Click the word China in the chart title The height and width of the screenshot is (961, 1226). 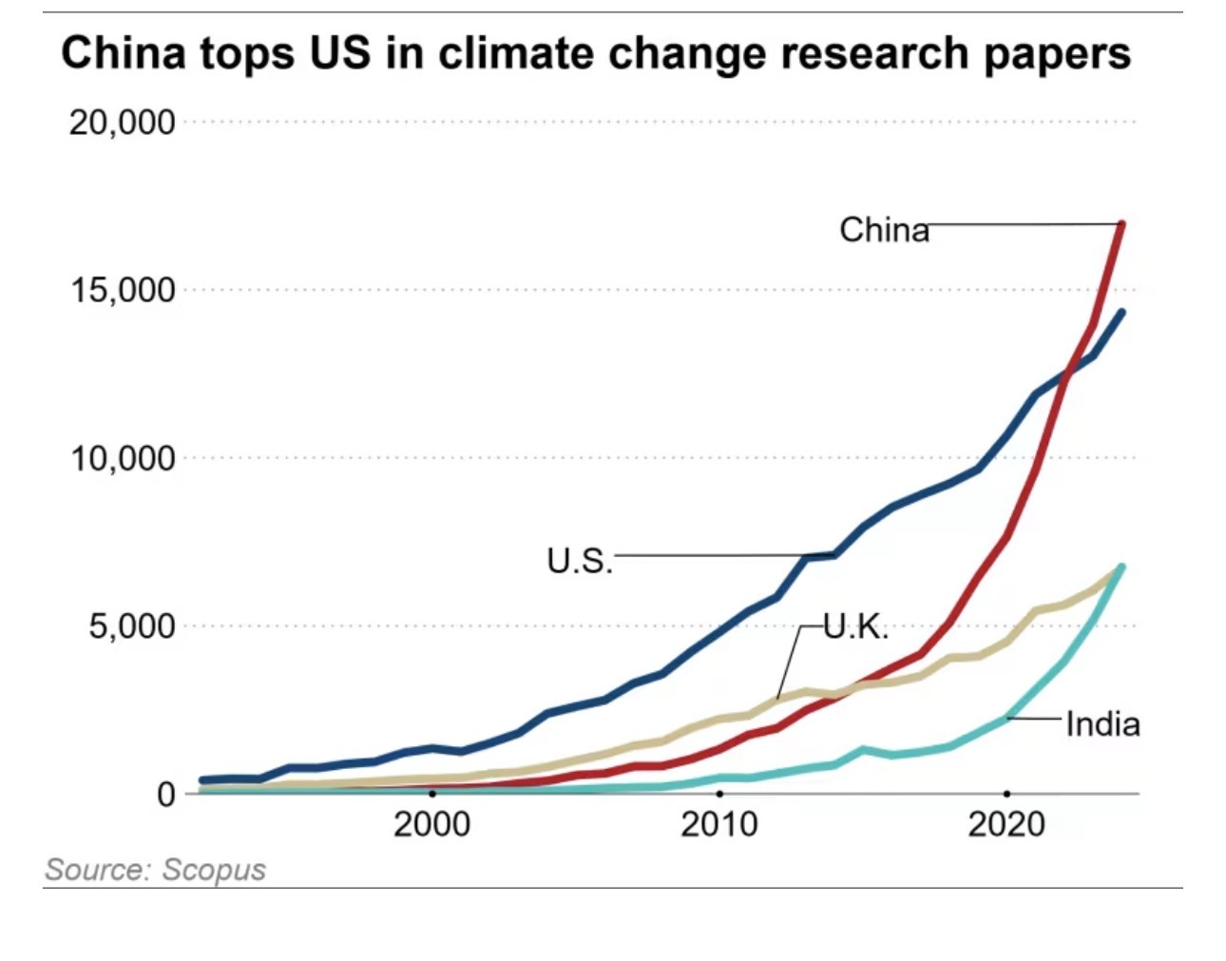click(x=124, y=53)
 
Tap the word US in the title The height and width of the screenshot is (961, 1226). click(x=338, y=53)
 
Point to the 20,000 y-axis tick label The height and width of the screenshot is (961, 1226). click(x=123, y=123)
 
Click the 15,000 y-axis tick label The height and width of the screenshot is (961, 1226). click(x=123, y=291)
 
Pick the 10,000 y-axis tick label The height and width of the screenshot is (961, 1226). click(x=123, y=459)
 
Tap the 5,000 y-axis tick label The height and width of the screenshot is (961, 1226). click(x=132, y=626)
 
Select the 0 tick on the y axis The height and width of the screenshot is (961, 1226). click(x=166, y=794)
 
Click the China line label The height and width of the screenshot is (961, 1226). click(x=884, y=230)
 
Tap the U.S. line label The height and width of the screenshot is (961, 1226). click(x=579, y=561)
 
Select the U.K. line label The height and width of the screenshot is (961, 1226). click(x=855, y=626)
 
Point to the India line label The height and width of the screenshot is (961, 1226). click(x=1102, y=725)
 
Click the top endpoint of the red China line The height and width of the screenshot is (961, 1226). click(x=1122, y=224)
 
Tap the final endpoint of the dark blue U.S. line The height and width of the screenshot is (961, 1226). click(x=1122, y=313)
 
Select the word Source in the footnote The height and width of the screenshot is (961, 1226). click(x=98, y=870)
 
